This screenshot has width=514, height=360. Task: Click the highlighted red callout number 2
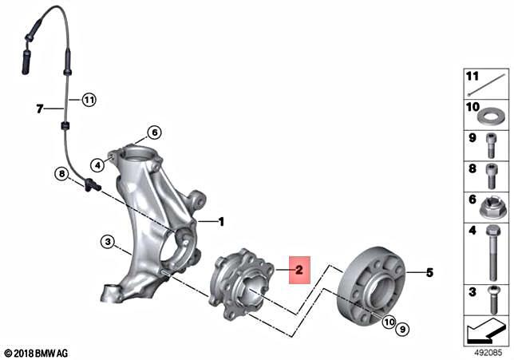pos(299,270)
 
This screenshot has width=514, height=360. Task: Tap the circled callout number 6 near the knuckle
pos(154,133)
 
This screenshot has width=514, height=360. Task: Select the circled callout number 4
pos(97,165)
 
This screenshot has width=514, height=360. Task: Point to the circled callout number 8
pos(61,173)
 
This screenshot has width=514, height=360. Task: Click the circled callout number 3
pos(106,240)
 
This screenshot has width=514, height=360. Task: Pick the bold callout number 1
pos(222,221)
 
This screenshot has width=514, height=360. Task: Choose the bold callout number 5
pos(429,273)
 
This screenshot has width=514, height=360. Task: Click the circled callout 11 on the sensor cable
pos(88,100)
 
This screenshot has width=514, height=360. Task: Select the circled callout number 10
pos(389,322)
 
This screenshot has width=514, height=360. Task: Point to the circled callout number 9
pos(404,328)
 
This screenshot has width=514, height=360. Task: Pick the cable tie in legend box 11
pos(489,81)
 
